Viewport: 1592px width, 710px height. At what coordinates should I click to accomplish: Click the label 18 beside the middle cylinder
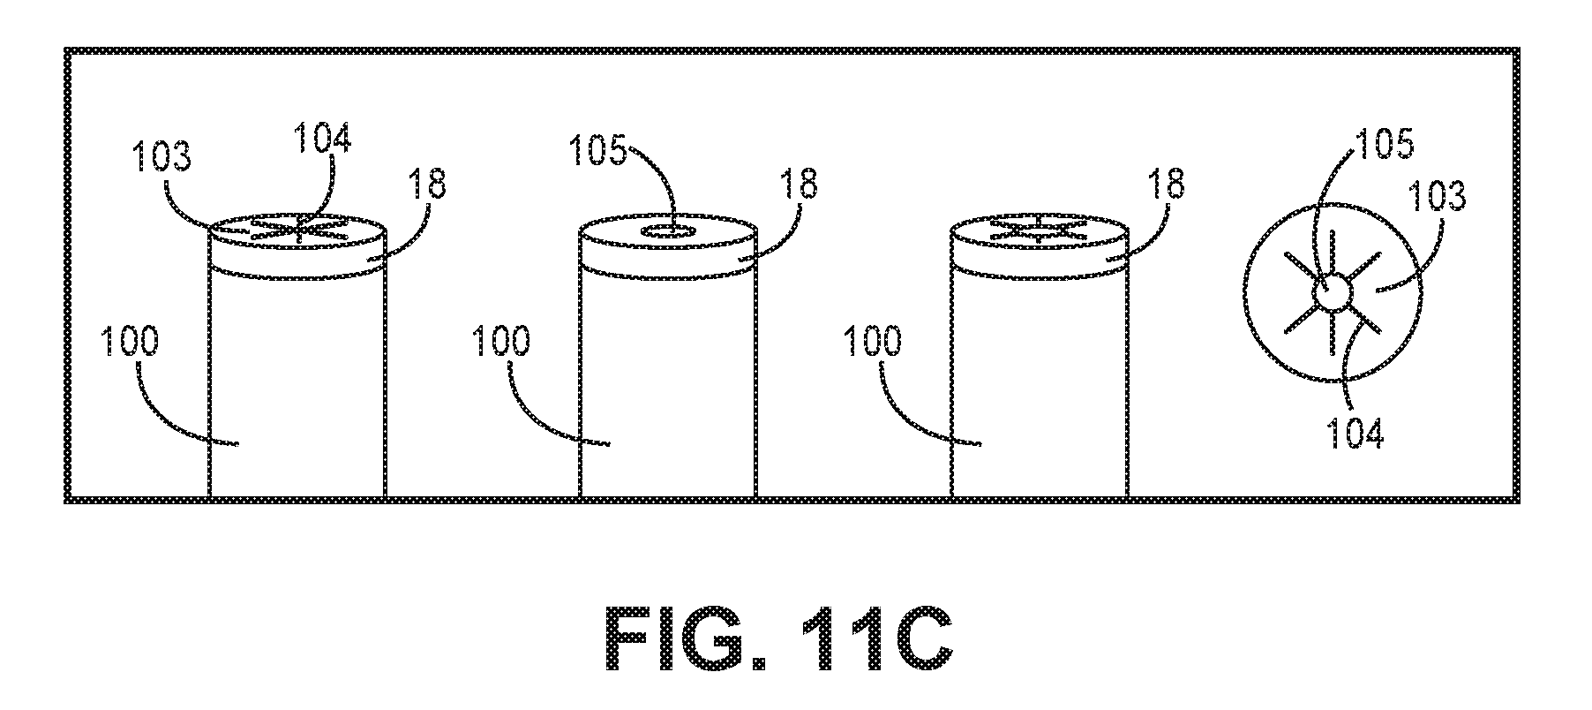(x=797, y=185)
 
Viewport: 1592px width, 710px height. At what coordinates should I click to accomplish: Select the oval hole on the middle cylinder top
(x=671, y=232)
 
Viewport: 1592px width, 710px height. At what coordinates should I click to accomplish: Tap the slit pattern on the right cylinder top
(x=1039, y=230)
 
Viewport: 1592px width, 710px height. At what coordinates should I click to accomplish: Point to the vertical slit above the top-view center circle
(x=1333, y=253)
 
